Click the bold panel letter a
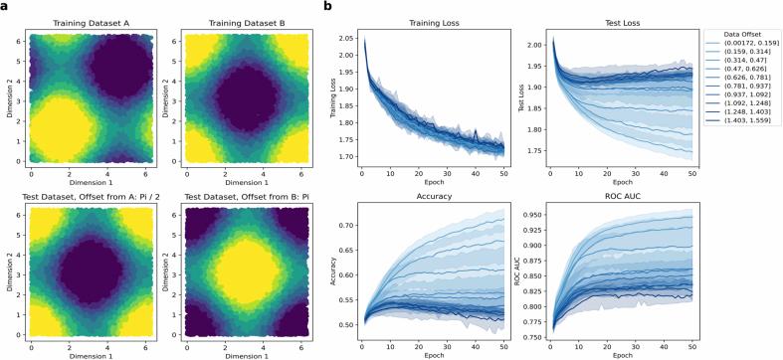[5, 6]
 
